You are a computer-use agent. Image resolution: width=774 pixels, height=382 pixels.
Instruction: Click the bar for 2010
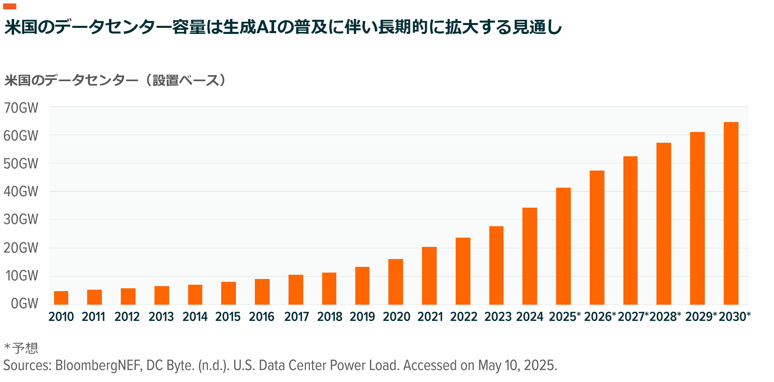pos(61,298)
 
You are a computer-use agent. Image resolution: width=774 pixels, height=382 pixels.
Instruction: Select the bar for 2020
pos(395,282)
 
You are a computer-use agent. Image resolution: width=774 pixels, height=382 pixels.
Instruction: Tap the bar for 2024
pos(530,256)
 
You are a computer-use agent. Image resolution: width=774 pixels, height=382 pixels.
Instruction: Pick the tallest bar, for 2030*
pos(731,213)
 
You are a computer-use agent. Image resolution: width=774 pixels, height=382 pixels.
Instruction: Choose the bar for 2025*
pos(563,246)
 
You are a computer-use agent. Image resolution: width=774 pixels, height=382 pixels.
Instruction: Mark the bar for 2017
pos(296,290)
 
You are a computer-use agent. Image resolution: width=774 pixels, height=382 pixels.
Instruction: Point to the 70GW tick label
pos(21,108)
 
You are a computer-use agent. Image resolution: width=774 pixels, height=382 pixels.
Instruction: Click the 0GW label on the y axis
pos(25,304)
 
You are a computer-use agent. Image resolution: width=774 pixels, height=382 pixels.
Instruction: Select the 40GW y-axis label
pos(21,191)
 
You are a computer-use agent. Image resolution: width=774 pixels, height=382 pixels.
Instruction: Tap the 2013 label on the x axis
pos(161,317)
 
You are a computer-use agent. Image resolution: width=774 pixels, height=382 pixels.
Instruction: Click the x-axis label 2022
pos(464,317)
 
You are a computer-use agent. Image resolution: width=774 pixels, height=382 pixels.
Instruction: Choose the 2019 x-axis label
pos(362,317)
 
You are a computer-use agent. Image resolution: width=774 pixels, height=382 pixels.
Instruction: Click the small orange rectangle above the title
pos(10,6)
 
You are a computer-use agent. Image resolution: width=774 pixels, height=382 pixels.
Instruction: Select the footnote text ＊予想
pos(21,348)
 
